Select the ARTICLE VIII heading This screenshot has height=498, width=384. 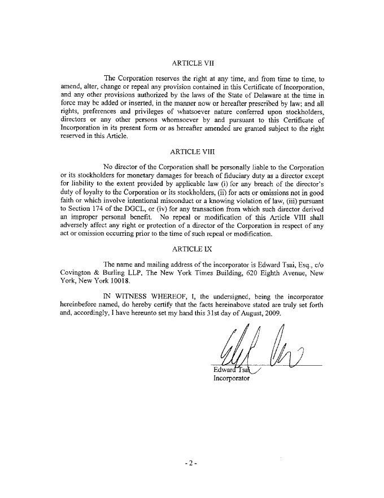click(x=192, y=152)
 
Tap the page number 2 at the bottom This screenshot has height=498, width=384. click(x=191, y=464)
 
